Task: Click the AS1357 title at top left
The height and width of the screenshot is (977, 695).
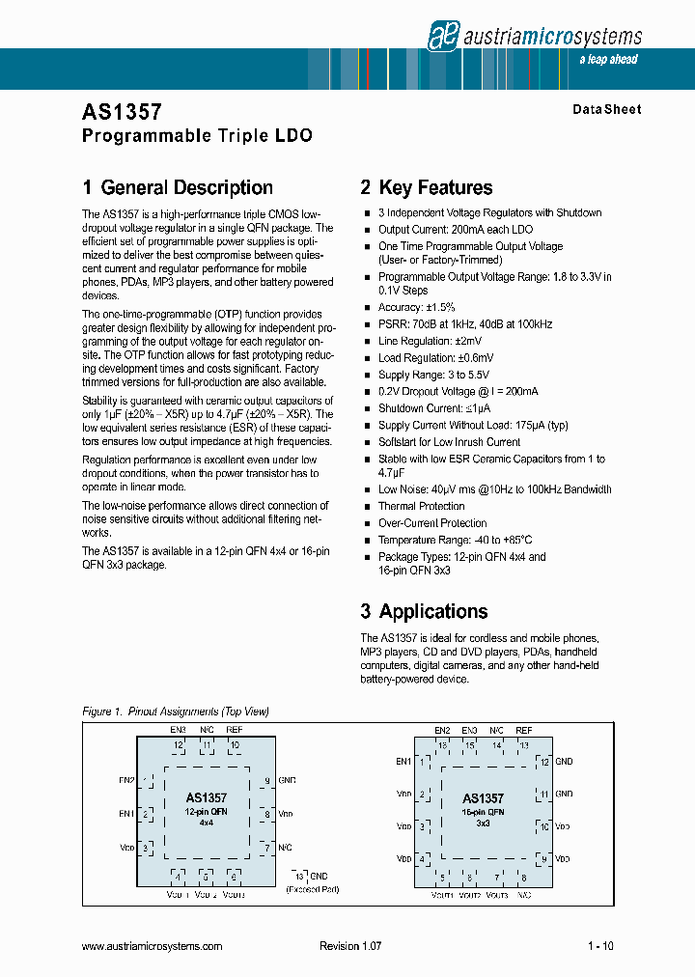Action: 122,113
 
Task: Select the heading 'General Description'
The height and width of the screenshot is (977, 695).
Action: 186,187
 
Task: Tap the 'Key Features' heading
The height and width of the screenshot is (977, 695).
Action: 435,187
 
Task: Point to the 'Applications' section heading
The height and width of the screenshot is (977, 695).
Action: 433,611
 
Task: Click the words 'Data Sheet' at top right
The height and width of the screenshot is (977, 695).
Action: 606,110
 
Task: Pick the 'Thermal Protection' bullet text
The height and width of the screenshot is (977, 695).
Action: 421,506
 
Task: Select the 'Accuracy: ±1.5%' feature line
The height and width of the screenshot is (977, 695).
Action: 416,307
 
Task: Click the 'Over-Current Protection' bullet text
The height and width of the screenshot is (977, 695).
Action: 431,523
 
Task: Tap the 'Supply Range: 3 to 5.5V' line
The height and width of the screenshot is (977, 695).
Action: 433,375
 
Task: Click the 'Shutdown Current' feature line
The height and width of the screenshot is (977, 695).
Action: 433,408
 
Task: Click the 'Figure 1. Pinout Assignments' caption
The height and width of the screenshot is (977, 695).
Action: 175,712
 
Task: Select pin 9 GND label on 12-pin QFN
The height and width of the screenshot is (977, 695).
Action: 287,779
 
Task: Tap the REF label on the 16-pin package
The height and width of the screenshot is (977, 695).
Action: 524,731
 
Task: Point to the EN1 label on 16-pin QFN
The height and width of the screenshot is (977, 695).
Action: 403,762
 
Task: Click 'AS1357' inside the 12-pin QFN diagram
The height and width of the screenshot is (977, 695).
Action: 207,797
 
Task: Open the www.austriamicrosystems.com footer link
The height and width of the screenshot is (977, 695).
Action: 152,946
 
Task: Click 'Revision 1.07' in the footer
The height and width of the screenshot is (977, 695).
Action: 350,946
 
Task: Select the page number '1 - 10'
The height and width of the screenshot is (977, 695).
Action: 600,946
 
